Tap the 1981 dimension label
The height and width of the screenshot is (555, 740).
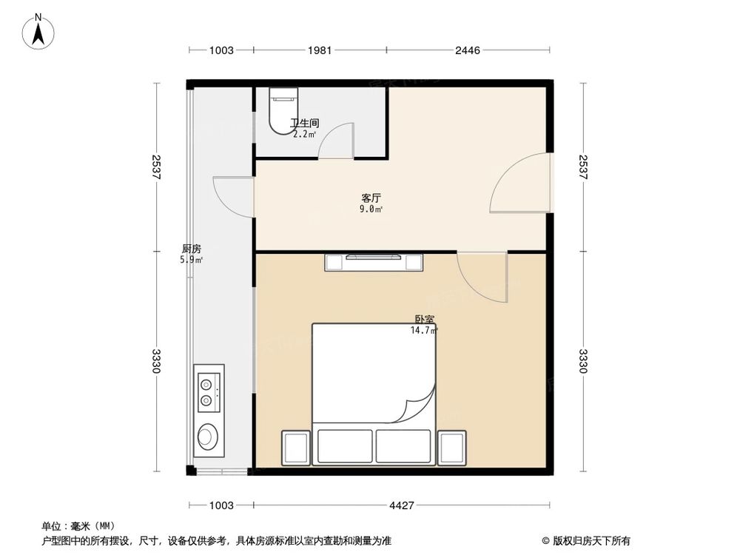pyautogui.click(x=320, y=50)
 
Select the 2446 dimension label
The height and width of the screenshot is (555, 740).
pyautogui.click(x=468, y=50)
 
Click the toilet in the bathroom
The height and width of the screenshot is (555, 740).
pyautogui.click(x=283, y=111)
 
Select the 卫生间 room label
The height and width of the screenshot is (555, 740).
pyautogui.click(x=304, y=124)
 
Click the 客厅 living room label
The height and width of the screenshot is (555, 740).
pyautogui.click(x=371, y=198)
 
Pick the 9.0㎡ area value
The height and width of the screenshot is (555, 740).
pyautogui.click(x=371, y=209)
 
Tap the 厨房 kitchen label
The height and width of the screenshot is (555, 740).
pyautogui.click(x=192, y=249)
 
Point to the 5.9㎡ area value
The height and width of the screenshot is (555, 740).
pyautogui.click(x=192, y=260)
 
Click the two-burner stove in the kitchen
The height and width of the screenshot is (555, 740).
pyautogui.click(x=208, y=392)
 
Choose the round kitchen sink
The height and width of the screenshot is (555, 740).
pyautogui.click(x=208, y=437)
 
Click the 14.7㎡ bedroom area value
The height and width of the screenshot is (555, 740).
pyautogui.click(x=423, y=331)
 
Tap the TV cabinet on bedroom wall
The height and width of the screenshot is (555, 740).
pyautogui.click(x=374, y=261)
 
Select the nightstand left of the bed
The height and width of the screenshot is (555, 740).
pyautogui.click(x=296, y=446)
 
